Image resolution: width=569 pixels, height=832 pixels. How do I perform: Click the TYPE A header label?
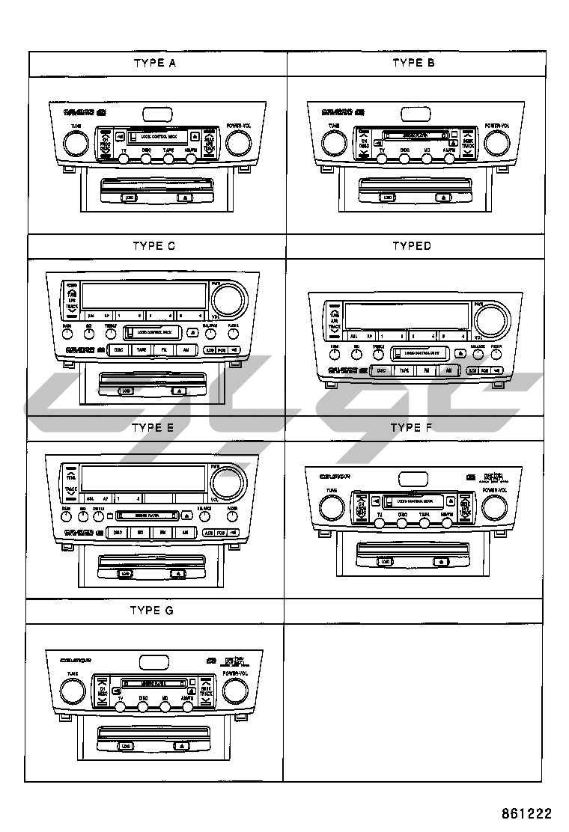pyautogui.click(x=154, y=63)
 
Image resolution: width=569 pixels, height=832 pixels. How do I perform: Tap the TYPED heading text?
pyautogui.click(x=412, y=245)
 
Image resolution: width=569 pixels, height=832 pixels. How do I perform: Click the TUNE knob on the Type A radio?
pyautogui.click(x=76, y=142)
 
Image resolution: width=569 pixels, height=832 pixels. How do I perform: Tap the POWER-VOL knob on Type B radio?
pyautogui.click(x=496, y=142)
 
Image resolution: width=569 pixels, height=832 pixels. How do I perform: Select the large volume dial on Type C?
pyautogui.click(x=228, y=299)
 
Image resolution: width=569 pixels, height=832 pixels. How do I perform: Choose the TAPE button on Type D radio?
pyautogui.click(x=404, y=370)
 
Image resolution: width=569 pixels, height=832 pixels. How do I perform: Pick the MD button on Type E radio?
pyautogui.click(x=140, y=533)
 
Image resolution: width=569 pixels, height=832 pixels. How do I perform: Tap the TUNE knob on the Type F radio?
pyautogui.click(x=329, y=507)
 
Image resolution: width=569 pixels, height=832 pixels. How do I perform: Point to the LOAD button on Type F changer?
pyautogui.click(x=385, y=561)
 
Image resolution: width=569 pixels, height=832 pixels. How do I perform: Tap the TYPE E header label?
pyautogui.click(x=153, y=428)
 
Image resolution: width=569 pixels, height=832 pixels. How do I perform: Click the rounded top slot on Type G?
pyautogui.click(x=155, y=661)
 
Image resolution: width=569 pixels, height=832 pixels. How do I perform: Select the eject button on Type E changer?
pyautogui.click(x=177, y=574)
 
